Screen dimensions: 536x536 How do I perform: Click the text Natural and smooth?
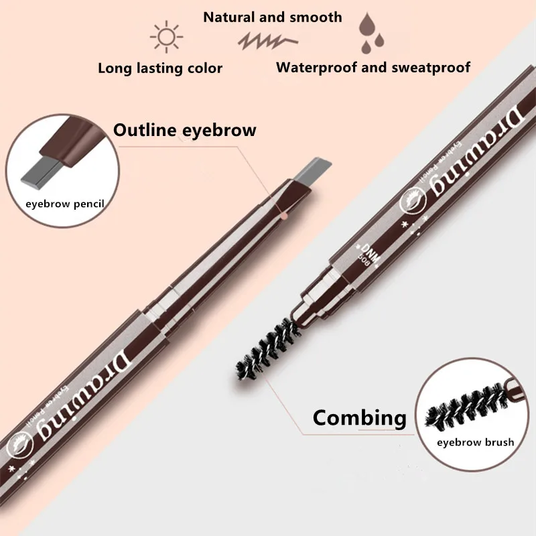273,17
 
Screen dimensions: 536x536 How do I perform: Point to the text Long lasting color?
160,68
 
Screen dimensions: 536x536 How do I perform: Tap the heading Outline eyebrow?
185,129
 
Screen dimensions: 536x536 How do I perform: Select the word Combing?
359,418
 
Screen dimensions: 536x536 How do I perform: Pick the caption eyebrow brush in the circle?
475,442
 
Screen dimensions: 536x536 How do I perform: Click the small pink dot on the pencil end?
284,216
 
